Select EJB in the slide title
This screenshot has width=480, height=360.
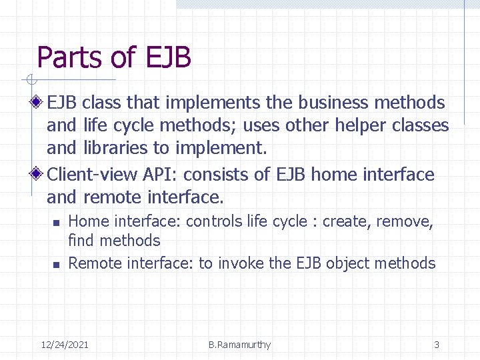click(x=166, y=57)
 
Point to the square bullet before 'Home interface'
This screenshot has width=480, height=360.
click(x=57, y=223)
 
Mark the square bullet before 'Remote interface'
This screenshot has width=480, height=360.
click(x=57, y=265)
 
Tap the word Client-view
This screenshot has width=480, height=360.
click(x=92, y=175)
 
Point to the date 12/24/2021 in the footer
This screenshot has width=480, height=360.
click(x=65, y=345)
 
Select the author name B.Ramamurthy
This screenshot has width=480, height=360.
click(x=239, y=345)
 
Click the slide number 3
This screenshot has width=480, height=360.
click(x=437, y=345)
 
